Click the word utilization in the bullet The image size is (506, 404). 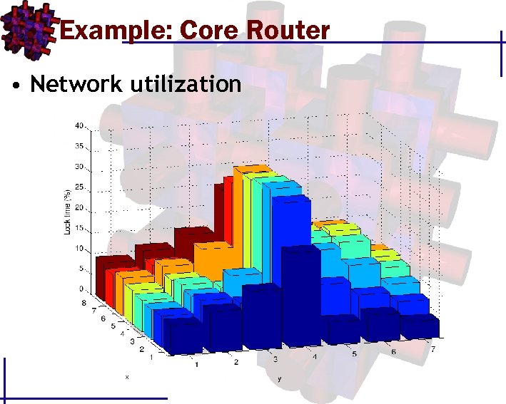pyautogui.click(x=186, y=84)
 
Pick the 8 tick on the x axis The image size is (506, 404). pyautogui.click(x=84, y=303)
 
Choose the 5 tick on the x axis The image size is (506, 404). pyautogui.click(x=112, y=326)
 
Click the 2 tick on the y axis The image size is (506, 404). pyautogui.click(x=236, y=363)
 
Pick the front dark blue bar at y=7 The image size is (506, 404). pyautogui.click(x=420, y=328)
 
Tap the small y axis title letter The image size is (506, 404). pyautogui.click(x=279, y=380)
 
